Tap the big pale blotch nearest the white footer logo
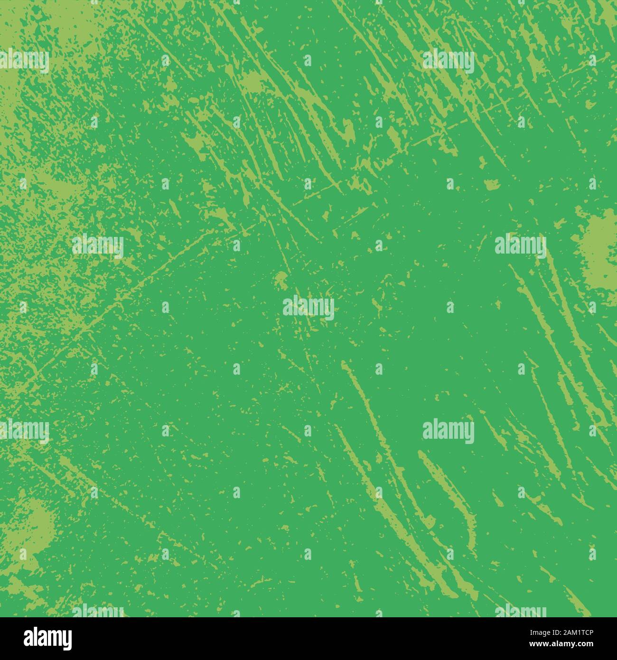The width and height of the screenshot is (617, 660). (x=33, y=527)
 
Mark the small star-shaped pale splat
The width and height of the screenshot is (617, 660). (x=252, y=82)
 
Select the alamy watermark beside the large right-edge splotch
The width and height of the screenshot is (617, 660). (x=521, y=245)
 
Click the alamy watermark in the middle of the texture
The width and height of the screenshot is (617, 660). (x=308, y=307)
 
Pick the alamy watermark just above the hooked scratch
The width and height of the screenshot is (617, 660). (x=448, y=431)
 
